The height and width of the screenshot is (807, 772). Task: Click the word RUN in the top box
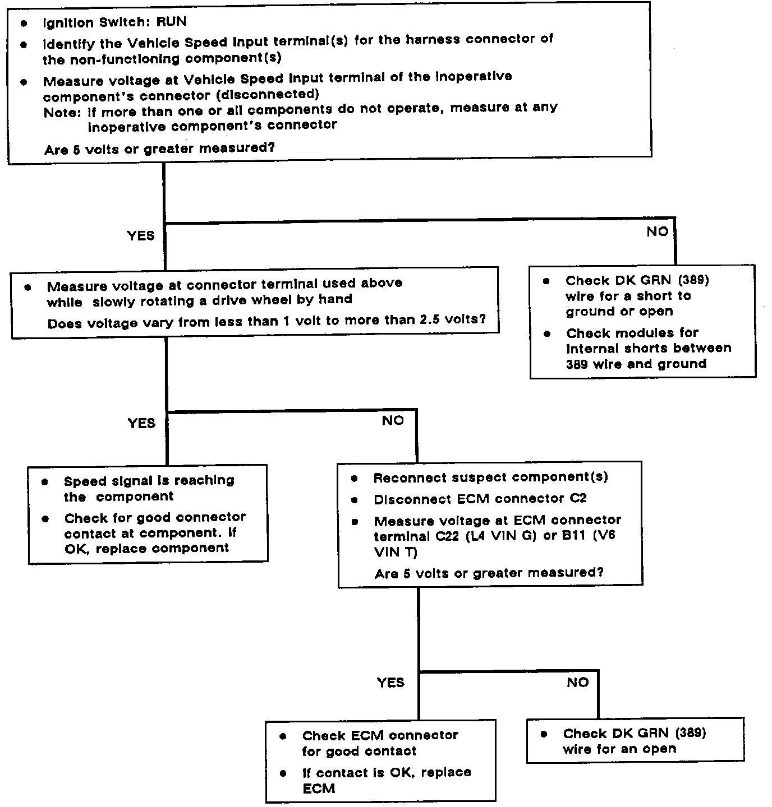[x=171, y=22]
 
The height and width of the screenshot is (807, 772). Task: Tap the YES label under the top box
[x=140, y=235]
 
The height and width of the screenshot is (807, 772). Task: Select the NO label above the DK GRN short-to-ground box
[x=657, y=231]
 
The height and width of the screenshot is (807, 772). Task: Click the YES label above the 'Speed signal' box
[x=141, y=423]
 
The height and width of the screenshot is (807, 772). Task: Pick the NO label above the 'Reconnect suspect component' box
[x=393, y=420]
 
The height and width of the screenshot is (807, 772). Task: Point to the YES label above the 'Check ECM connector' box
[x=390, y=682]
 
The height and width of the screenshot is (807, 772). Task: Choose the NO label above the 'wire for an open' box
[x=577, y=682]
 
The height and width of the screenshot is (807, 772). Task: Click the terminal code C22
[x=448, y=536]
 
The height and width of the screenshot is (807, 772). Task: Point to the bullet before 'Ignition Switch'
[x=23, y=24]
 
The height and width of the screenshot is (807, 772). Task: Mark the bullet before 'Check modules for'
[x=547, y=333]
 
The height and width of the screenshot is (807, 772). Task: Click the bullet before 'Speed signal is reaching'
[x=45, y=481]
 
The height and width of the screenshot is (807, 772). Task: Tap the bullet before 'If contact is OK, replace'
[x=283, y=773]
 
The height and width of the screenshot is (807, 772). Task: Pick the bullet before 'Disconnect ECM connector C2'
[x=355, y=499]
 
